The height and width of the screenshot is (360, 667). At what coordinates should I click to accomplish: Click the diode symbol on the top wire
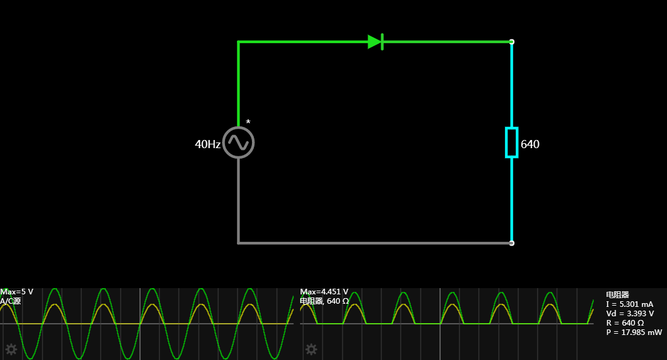point(376,42)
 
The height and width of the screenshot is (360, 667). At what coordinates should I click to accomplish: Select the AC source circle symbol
point(238,143)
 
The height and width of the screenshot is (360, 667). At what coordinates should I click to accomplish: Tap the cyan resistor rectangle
point(511,142)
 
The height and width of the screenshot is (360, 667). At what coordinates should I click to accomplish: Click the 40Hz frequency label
point(208,144)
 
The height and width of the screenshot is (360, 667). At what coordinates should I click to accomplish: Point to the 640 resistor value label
point(530,144)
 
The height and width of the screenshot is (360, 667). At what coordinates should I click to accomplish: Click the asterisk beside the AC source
point(248,122)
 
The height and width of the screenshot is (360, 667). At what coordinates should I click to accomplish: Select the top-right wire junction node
point(511,42)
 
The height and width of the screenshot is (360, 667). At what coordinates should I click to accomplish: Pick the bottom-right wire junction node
point(511,242)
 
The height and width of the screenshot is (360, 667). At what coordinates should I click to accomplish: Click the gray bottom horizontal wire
point(375,242)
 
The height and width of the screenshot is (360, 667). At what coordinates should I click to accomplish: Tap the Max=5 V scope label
point(17,292)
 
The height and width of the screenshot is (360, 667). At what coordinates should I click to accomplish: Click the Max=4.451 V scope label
point(324,292)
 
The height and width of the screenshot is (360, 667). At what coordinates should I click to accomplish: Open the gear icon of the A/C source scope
point(11,349)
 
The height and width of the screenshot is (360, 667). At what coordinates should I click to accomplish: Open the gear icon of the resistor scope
point(311,349)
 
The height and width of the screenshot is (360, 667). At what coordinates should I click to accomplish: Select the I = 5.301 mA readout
point(629,304)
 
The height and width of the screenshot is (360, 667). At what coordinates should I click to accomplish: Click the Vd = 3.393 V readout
point(630,314)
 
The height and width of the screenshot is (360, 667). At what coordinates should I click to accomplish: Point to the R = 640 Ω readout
point(625,323)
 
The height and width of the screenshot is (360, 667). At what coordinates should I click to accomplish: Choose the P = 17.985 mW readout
point(634,332)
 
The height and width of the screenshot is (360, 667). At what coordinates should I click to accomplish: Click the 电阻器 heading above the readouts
point(617,294)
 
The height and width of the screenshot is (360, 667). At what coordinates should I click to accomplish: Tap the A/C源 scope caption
point(11,301)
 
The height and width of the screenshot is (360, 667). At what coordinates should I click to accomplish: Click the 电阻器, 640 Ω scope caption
point(324,301)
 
